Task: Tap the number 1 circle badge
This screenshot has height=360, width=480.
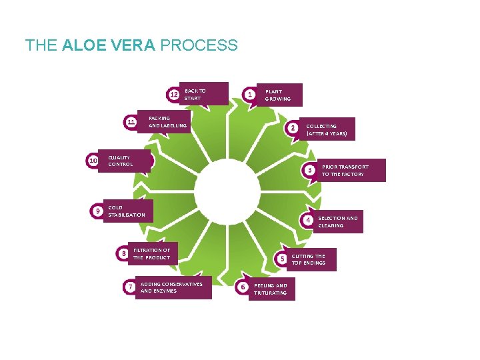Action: (249, 95)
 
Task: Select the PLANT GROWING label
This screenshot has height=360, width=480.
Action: (277, 95)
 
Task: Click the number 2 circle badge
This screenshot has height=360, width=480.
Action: (292, 128)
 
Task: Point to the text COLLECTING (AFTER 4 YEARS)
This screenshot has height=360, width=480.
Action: (327, 129)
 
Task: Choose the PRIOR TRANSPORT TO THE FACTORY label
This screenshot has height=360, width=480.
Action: (345, 170)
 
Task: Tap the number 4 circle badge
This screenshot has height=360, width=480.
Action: (308, 220)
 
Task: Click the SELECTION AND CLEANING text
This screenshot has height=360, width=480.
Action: (337, 221)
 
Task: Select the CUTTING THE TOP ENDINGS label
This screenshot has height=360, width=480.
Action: (308, 259)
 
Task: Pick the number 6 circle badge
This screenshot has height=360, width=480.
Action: (243, 287)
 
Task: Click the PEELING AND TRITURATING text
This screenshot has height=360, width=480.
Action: (271, 289)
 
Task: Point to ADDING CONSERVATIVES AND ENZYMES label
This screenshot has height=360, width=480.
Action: (171, 287)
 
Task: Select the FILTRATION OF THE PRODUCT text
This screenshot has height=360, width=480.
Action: (151, 253)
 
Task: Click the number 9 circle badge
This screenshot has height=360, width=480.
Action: (97, 211)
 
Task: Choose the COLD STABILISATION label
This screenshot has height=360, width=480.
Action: (126, 211)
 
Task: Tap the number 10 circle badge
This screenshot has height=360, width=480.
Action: (93, 161)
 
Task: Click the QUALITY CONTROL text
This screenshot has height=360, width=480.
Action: (121, 161)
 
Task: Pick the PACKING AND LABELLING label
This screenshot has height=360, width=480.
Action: (167, 121)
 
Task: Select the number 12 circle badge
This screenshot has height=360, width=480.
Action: (173, 95)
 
